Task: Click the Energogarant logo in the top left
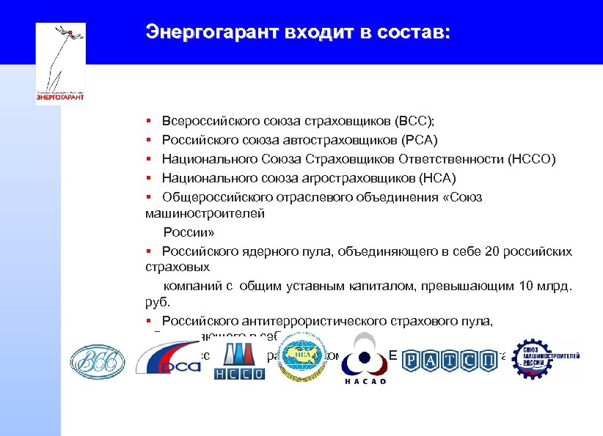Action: point(60,63)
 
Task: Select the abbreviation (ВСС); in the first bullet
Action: point(419,120)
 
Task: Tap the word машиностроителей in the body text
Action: point(205,213)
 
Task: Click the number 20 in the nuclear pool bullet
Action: point(491,251)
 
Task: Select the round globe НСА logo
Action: point(303,355)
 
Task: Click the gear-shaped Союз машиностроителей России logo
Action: point(544,359)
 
